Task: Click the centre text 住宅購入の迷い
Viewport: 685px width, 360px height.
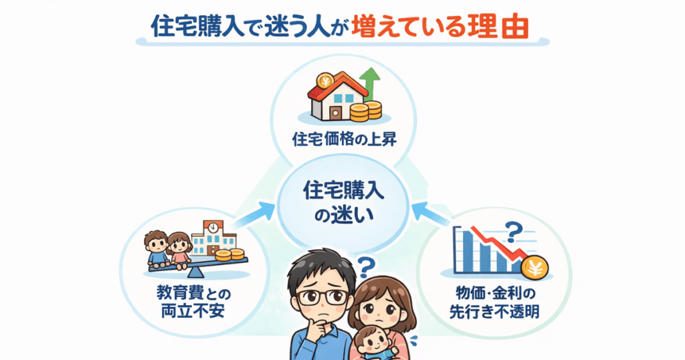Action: (342, 203)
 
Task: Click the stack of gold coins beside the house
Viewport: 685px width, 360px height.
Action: (365, 111)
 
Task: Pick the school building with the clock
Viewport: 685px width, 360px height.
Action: (213, 238)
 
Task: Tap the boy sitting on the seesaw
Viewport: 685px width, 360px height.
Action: (158, 248)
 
